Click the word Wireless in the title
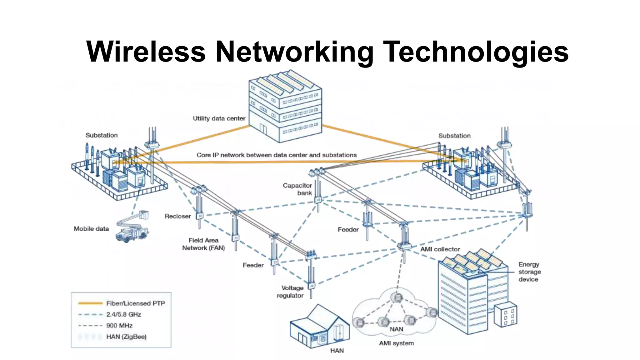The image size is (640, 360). (x=146, y=52)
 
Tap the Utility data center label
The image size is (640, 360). (x=219, y=118)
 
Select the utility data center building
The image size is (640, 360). (x=285, y=106)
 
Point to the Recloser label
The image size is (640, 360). (x=177, y=216)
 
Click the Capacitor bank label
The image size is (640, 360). (x=297, y=189)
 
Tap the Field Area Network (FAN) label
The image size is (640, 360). (x=203, y=244)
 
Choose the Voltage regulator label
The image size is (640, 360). (x=291, y=292)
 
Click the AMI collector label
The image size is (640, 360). (x=440, y=249)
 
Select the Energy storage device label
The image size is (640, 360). (x=529, y=272)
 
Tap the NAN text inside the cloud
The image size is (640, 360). (x=396, y=329)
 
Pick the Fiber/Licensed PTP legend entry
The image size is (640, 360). (x=135, y=303)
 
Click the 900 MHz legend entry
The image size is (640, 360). (x=119, y=325)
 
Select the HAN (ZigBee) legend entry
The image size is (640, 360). (x=126, y=337)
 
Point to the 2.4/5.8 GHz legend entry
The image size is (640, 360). (x=123, y=314)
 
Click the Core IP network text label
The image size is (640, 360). (x=276, y=155)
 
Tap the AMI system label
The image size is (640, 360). (x=396, y=343)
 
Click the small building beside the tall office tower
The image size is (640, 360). (x=505, y=314)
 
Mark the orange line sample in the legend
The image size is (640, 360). (x=90, y=303)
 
